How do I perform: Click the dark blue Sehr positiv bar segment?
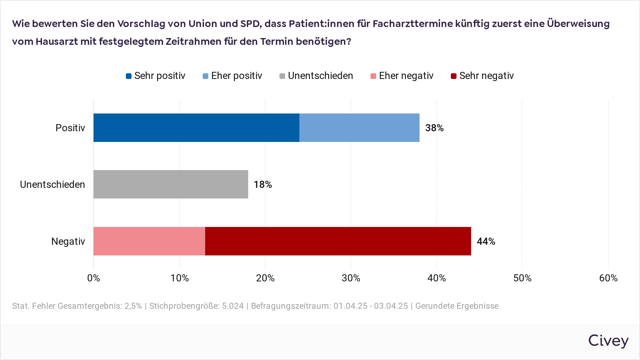point(196,128)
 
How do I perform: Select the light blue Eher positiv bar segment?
point(359,128)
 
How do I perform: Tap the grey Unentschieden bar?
point(171,184)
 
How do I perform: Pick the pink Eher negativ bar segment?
point(149,241)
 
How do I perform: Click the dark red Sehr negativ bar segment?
point(338,241)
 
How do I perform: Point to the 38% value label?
point(434,128)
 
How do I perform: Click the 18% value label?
point(263,185)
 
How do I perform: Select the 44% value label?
point(486,242)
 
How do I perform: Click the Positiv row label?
point(70,128)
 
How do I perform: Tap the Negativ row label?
point(68,242)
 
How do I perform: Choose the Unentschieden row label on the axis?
point(52,185)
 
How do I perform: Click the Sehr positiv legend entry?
point(156,76)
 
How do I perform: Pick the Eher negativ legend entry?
point(402,76)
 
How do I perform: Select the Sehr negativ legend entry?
point(482,76)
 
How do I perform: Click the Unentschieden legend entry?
point(316,76)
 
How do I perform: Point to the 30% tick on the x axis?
point(351,278)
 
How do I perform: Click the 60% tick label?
point(608,278)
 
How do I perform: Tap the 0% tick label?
point(94,278)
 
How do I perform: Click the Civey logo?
point(608,340)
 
